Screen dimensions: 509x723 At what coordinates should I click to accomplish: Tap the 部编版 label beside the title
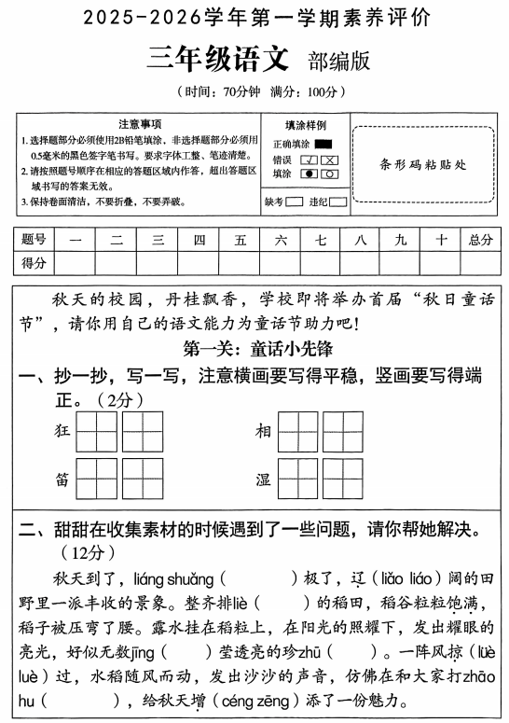pyautogui.click(x=337, y=61)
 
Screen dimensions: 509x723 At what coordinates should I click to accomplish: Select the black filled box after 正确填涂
pyautogui.click(x=323, y=144)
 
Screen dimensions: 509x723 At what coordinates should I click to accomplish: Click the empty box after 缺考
pyautogui.click(x=294, y=202)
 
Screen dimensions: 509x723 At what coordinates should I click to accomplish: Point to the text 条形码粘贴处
pyautogui.click(x=423, y=164)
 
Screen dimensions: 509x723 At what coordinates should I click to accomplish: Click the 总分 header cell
pyautogui.click(x=480, y=240)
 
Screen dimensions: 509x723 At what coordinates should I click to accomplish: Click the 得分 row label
pyautogui.click(x=34, y=263)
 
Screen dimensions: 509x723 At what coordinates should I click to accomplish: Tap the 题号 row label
pyautogui.click(x=34, y=240)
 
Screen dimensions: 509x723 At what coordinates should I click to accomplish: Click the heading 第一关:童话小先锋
pyautogui.click(x=254, y=350)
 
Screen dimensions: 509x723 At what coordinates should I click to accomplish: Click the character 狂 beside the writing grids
pyautogui.click(x=63, y=431)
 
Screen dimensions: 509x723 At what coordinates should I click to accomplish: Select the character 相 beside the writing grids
pyautogui.click(x=264, y=431)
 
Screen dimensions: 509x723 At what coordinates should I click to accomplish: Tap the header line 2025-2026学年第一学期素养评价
pyautogui.click(x=254, y=18)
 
